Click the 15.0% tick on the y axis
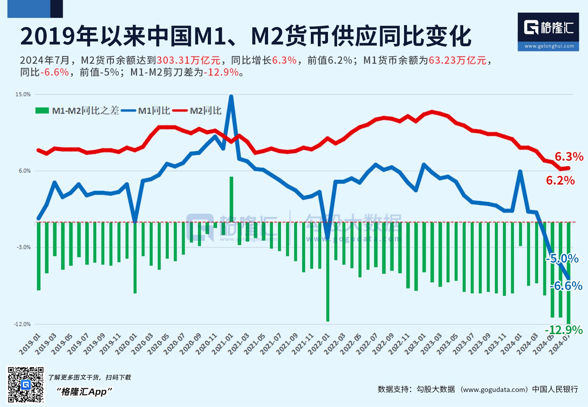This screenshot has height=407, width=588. [x=23, y=95]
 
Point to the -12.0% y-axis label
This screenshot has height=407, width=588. [x=22, y=324]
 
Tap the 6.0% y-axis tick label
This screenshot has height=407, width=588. [x=25, y=171]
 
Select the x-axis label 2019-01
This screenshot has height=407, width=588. [x=30, y=344]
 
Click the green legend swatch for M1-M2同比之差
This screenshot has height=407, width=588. [x=42, y=111]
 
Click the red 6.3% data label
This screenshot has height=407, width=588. [x=569, y=157]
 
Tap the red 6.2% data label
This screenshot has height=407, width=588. [x=560, y=180]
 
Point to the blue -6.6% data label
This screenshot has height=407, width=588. [x=566, y=286]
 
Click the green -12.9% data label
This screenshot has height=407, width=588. [x=563, y=330]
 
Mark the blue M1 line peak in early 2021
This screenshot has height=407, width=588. [x=231, y=97]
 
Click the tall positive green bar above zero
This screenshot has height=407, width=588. [x=231, y=198]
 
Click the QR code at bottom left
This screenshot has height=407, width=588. [x=26, y=385]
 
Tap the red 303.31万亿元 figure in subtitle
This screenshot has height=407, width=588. [x=188, y=60]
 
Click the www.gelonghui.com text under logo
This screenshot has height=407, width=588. [x=549, y=46]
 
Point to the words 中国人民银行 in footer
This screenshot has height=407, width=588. [x=555, y=389]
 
